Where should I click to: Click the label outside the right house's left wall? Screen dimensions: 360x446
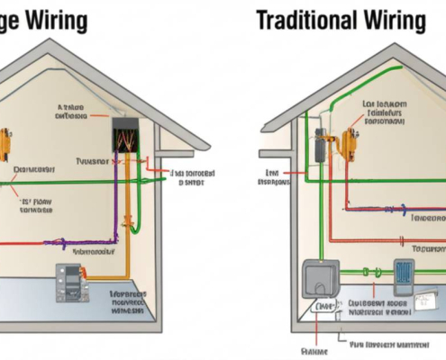coord(273,176)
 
